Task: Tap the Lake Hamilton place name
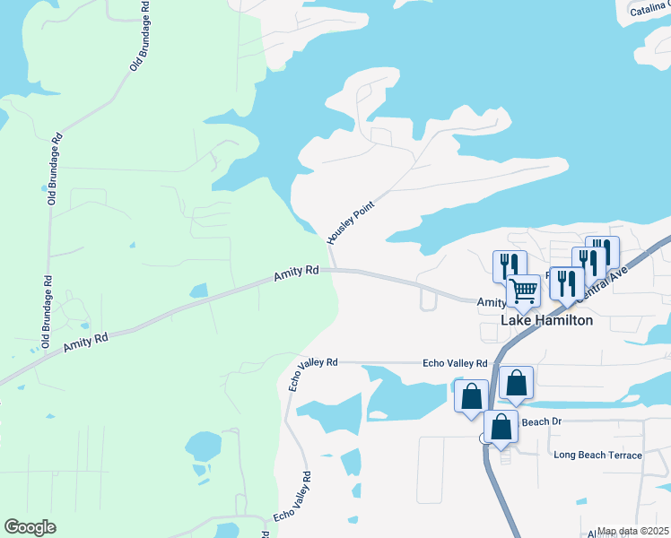546,319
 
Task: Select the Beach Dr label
541,421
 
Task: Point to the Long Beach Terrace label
597,456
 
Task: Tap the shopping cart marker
523,291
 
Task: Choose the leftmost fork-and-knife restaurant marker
505,265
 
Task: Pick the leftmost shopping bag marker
472,396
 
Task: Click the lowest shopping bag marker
501,427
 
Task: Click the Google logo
30,527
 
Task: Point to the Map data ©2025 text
632,531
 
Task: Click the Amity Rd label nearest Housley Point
297,270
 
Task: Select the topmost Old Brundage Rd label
138,36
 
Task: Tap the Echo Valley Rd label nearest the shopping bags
455,363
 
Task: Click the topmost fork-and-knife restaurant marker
602,251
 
